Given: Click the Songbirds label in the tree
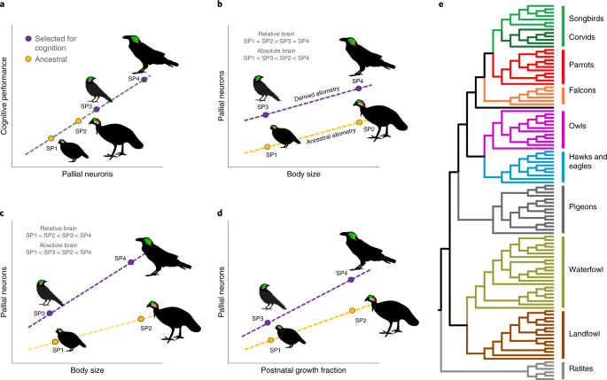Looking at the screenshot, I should [x=585, y=17].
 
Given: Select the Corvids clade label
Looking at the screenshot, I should [x=581, y=37].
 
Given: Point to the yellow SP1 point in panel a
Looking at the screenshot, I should [x=51, y=138].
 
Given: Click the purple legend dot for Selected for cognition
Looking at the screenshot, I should [x=30, y=38].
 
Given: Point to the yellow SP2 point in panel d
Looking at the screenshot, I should [x=354, y=309].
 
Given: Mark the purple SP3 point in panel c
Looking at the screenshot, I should [x=50, y=313].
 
